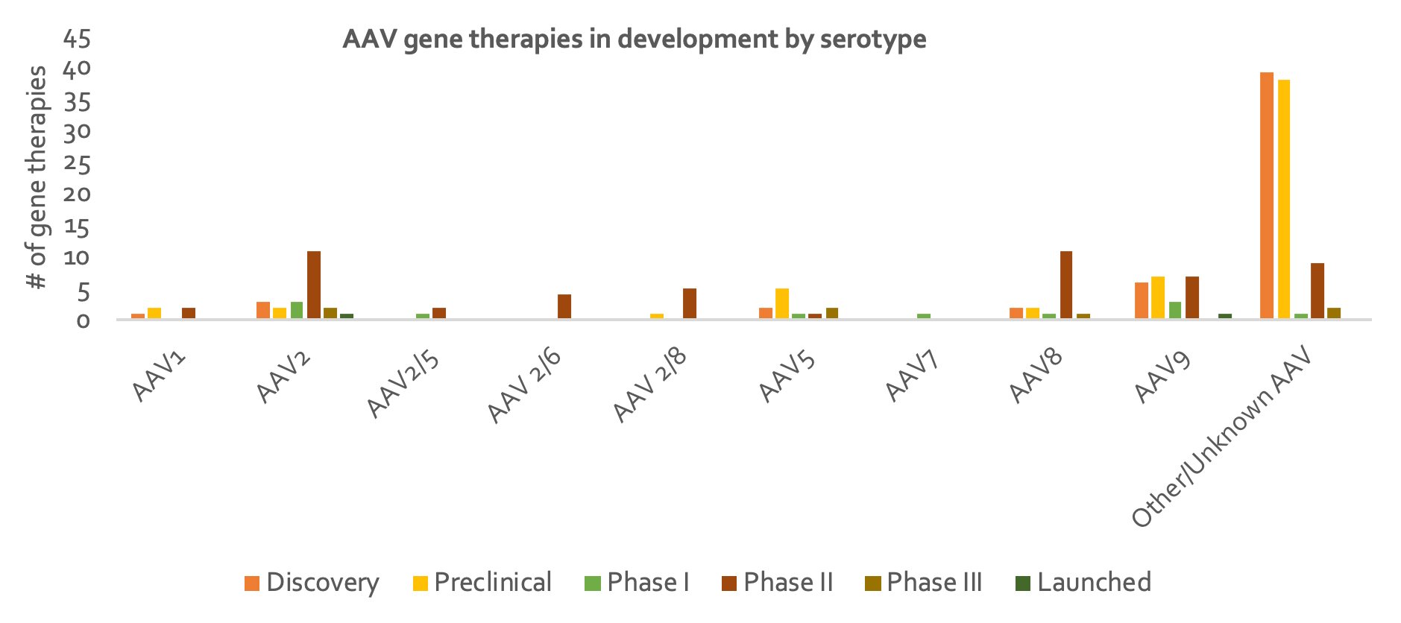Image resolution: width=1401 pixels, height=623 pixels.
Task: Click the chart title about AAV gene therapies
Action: click(634, 39)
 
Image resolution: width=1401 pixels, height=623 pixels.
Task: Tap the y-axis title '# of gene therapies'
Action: click(37, 177)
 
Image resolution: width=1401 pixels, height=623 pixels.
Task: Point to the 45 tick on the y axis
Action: click(78, 39)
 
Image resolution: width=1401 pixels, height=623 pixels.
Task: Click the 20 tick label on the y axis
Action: click(78, 195)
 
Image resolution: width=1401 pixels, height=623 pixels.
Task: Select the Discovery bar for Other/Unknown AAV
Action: click(1266, 195)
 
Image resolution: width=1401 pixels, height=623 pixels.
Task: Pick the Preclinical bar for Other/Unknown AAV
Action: click(1283, 199)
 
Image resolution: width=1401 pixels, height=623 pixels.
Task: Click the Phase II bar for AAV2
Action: click(314, 285)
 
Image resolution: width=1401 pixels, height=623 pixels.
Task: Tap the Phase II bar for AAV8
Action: click(1066, 285)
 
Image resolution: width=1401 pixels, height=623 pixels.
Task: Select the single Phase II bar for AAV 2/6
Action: click(564, 306)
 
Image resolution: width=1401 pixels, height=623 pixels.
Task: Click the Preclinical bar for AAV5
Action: click(782, 303)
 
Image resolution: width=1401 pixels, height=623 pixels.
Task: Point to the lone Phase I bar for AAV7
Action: click(924, 316)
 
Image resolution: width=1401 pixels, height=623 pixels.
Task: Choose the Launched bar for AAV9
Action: click(1225, 316)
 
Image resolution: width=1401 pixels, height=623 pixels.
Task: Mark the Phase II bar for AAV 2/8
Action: click(690, 303)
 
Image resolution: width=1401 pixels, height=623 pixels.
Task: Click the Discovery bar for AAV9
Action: click(1141, 300)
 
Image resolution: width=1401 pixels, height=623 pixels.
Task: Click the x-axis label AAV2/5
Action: click(403, 386)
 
